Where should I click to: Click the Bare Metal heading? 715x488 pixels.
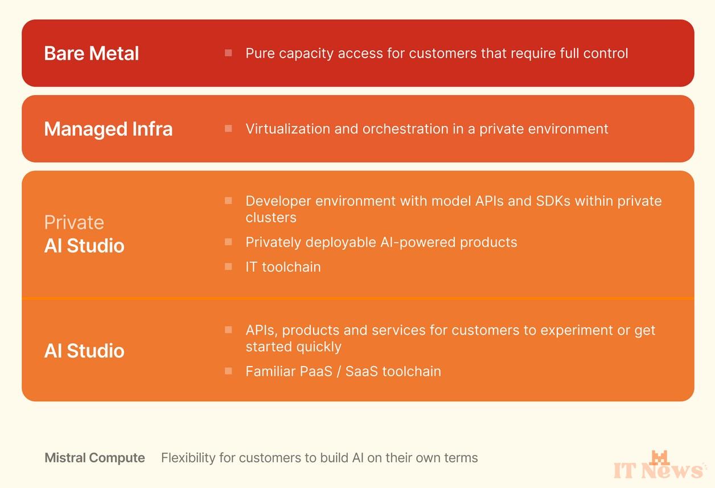coord(91,53)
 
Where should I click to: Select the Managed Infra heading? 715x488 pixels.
coord(108,129)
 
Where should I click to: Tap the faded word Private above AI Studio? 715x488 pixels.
coord(74,222)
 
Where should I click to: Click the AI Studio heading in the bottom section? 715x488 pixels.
coord(84,351)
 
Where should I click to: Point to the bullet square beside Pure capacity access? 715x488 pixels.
coord(228,52)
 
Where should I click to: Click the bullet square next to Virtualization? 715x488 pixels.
coord(228,128)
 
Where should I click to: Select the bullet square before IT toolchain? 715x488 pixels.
coord(228,267)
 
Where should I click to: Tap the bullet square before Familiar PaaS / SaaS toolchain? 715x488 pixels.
coord(228,371)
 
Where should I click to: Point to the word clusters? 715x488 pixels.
coord(271,218)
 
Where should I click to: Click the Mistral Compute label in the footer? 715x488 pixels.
coord(95,458)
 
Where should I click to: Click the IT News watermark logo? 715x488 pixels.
coord(659,465)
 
